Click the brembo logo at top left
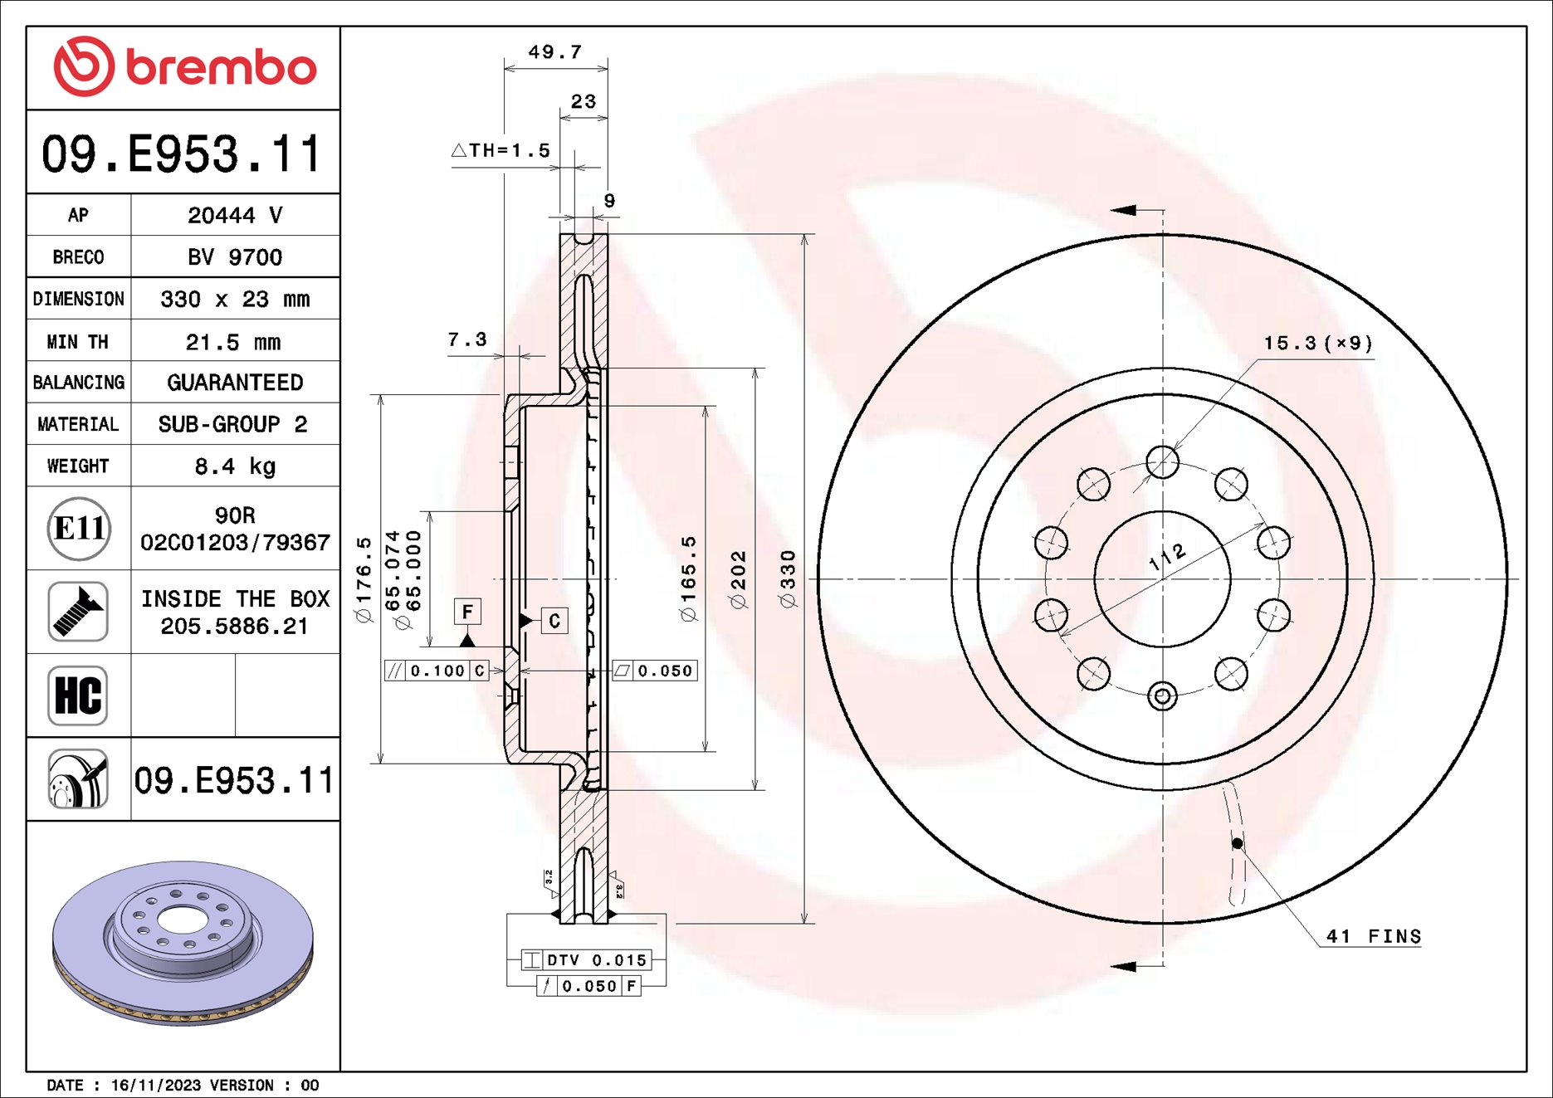[x=184, y=66]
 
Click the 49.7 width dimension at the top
[x=554, y=52]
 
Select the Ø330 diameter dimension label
[x=788, y=578]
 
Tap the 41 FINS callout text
[x=1373, y=936]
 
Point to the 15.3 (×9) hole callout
[x=1317, y=344]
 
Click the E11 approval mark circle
[x=79, y=529]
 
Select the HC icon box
[x=78, y=695]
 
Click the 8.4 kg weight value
[x=235, y=466]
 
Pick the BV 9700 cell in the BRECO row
[x=235, y=257]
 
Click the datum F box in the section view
[x=467, y=612]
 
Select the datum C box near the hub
[x=554, y=621]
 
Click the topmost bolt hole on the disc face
[x=1162, y=461]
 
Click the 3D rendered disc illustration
[x=183, y=942]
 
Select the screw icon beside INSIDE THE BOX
[x=78, y=612]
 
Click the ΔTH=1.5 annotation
[x=501, y=151]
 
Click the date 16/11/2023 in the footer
[x=155, y=1085]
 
